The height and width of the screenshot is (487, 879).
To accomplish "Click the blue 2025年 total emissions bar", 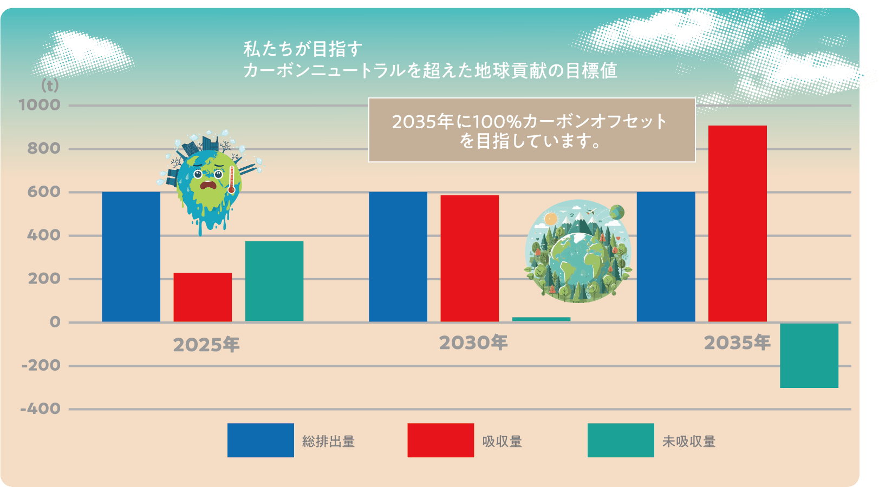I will (x=131, y=257).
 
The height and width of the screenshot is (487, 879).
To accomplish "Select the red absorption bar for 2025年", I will (x=203, y=297).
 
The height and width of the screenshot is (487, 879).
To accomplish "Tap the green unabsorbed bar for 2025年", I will (x=274, y=281).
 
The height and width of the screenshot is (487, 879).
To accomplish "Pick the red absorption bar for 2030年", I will (x=470, y=259).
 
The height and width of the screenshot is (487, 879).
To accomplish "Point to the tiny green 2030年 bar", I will (x=541, y=319).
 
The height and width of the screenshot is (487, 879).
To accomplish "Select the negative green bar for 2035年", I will (x=809, y=355).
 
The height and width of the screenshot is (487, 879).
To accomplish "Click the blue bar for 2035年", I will (x=666, y=257).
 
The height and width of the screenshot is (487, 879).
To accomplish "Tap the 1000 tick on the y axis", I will (x=40, y=105).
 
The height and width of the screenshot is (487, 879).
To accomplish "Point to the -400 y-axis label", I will (x=41, y=409).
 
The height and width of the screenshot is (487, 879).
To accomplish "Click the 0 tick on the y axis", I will (x=55, y=323).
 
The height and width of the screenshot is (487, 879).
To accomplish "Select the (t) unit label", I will (x=50, y=85).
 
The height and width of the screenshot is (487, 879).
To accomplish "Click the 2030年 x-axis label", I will (x=473, y=343).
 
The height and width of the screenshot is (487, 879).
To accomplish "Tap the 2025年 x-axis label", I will (x=206, y=345).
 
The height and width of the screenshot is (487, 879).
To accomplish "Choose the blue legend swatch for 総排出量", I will (x=261, y=440).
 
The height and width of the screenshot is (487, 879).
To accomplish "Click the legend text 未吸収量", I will (x=689, y=442).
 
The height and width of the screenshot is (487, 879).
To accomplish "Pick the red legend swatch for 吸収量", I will (x=440, y=440).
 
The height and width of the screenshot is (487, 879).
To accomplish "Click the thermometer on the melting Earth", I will (x=232, y=180).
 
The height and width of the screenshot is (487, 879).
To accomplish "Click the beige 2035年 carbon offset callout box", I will (x=531, y=130).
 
